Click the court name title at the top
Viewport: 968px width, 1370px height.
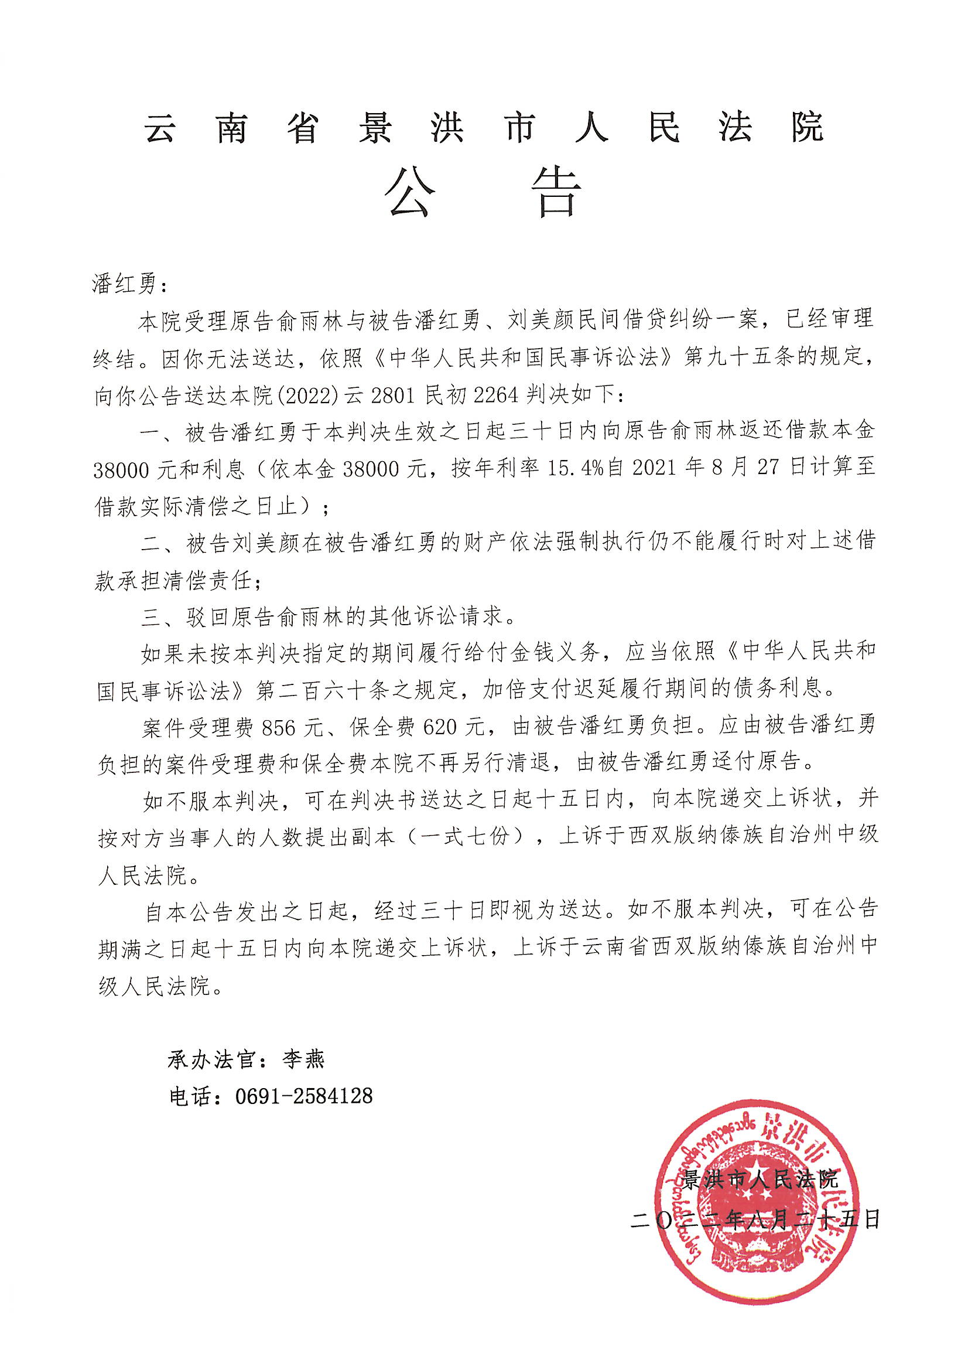click(484, 127)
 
